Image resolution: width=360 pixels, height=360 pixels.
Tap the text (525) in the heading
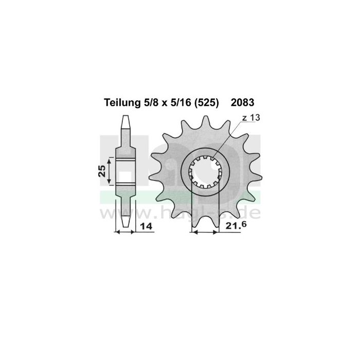(x=208, y=103)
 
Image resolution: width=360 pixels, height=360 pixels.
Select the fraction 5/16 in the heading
(x=183, y=103)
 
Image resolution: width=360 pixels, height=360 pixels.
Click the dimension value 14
(x=145, y=228)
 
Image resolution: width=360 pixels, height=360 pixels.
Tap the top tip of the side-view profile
(x=125, y=118)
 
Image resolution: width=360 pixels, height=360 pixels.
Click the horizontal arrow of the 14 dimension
(x=125, y=232)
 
